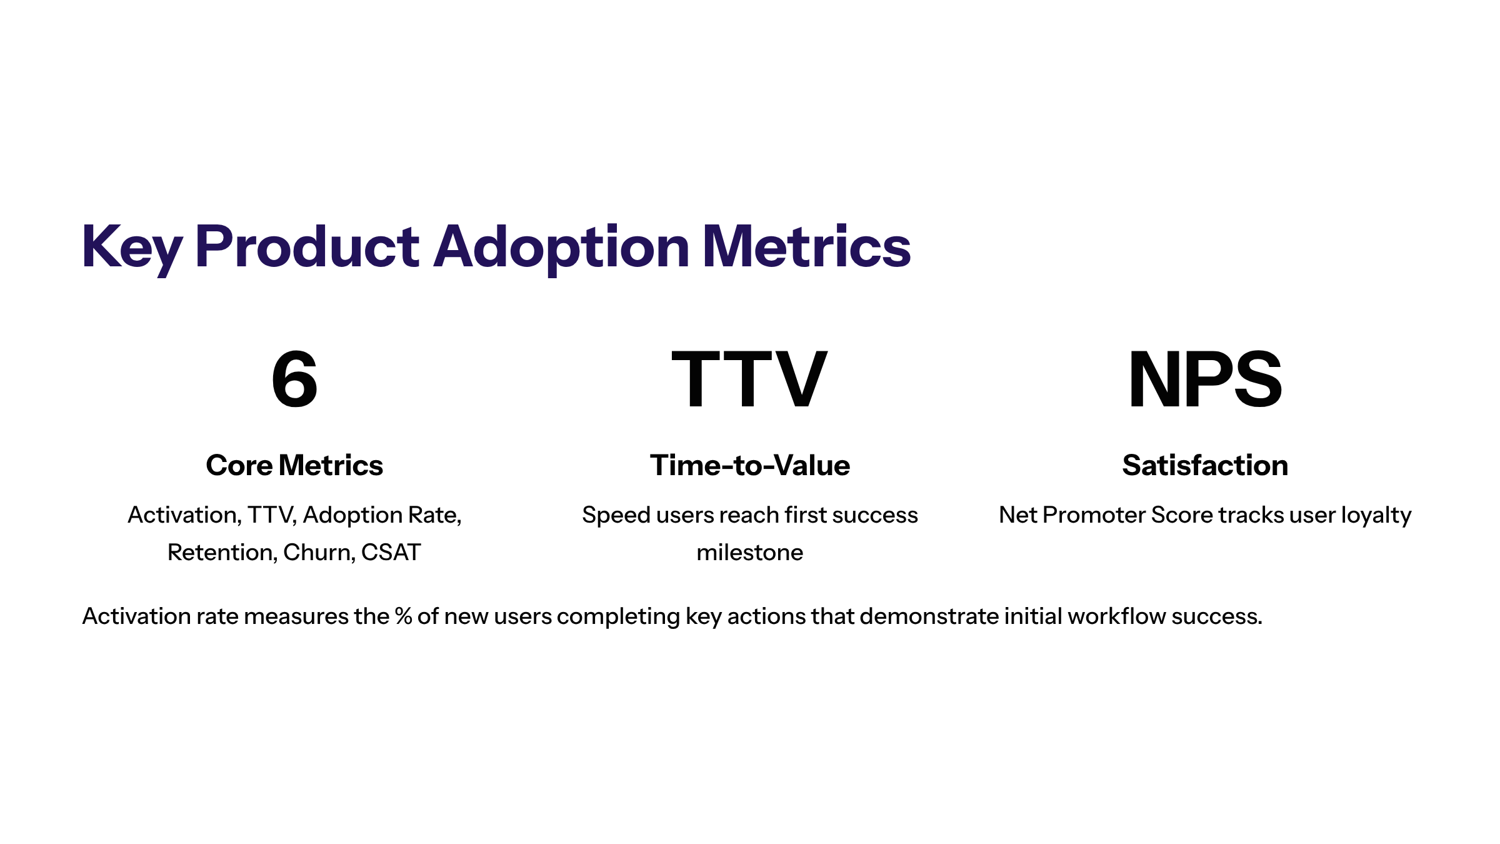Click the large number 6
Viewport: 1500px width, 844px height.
[294, 379]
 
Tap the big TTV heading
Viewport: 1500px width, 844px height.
[749, 379]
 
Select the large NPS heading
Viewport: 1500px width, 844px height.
[1205, 379]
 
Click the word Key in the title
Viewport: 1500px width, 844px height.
[132, 248]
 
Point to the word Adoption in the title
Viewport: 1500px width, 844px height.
[561, 248]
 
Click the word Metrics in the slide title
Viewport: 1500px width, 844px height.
[806, 248]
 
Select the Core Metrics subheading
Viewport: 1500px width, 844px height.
[294, 465]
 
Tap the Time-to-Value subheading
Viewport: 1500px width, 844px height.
[749, 465]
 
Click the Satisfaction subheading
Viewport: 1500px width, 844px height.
[1205, 465]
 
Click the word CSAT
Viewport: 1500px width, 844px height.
[391, 553]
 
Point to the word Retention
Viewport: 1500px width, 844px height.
[221, 553]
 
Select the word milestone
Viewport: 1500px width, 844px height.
[749, 553]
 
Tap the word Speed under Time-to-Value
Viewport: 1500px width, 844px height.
[616, 515]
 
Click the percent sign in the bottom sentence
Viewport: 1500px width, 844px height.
[403, 616]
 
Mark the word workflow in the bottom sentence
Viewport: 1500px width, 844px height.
[1116, 616]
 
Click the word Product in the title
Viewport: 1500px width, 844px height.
[307, 248]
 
